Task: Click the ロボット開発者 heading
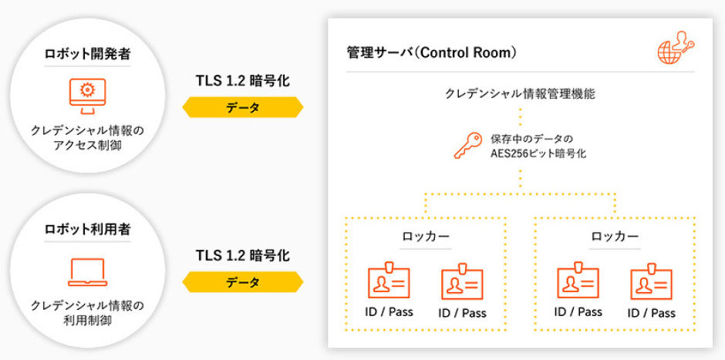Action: point(87,55)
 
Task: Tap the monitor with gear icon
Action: point(87,94)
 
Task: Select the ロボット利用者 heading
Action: point(87,228)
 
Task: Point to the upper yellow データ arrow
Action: point(242,107)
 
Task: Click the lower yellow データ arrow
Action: point(242,282)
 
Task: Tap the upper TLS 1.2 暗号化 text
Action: point(242,81)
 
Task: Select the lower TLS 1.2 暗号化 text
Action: point(242,255)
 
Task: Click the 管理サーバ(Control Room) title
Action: point(432,53)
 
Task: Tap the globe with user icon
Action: point(675,48)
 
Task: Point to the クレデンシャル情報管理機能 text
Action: point(520,93)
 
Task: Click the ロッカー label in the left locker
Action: point(426,237)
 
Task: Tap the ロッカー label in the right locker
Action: point(615,237)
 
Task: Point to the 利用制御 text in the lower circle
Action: point(87,319)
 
